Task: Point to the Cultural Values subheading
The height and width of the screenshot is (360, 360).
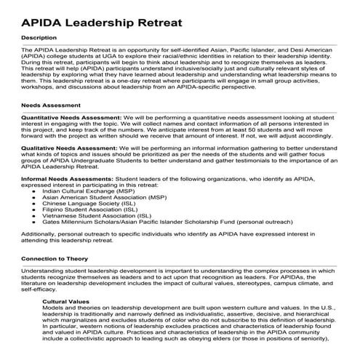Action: [71, 300]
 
